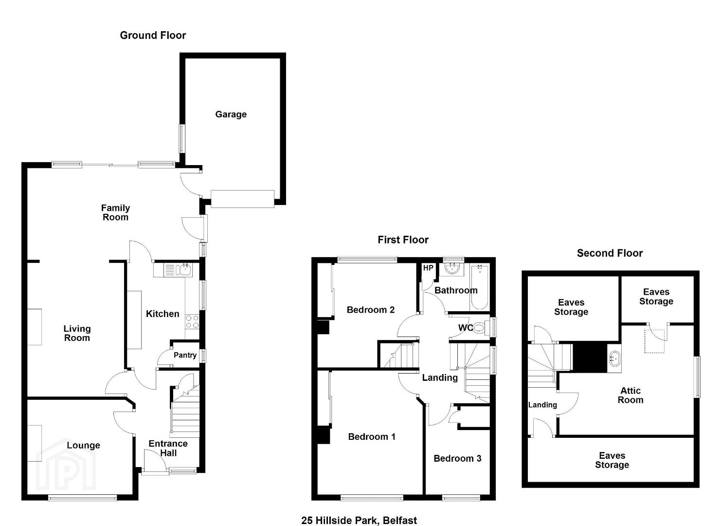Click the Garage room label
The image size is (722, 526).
[231, 114]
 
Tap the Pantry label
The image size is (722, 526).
[185, 355]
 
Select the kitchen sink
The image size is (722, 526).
[178, 270]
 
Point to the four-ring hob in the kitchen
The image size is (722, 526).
[192, 322]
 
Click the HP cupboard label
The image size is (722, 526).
[428, 268]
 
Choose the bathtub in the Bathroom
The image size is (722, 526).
[480, 287]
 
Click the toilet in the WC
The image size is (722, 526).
[481, 328]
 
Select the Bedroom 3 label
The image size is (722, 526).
[457, 458]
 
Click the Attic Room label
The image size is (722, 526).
[631, 395]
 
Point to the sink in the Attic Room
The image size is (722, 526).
[614, 358]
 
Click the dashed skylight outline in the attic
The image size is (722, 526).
[655, 341]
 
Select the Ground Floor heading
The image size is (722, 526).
[153, 35]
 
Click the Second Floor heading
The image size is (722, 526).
[610, 253]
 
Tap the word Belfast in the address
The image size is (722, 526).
[400, 521]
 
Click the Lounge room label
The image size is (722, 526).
[84, 445]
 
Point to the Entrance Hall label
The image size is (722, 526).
[168, 448]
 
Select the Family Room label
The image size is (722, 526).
[115, 212]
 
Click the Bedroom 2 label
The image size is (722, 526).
[371, 310]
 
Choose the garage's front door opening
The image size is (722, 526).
[242, 199]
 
